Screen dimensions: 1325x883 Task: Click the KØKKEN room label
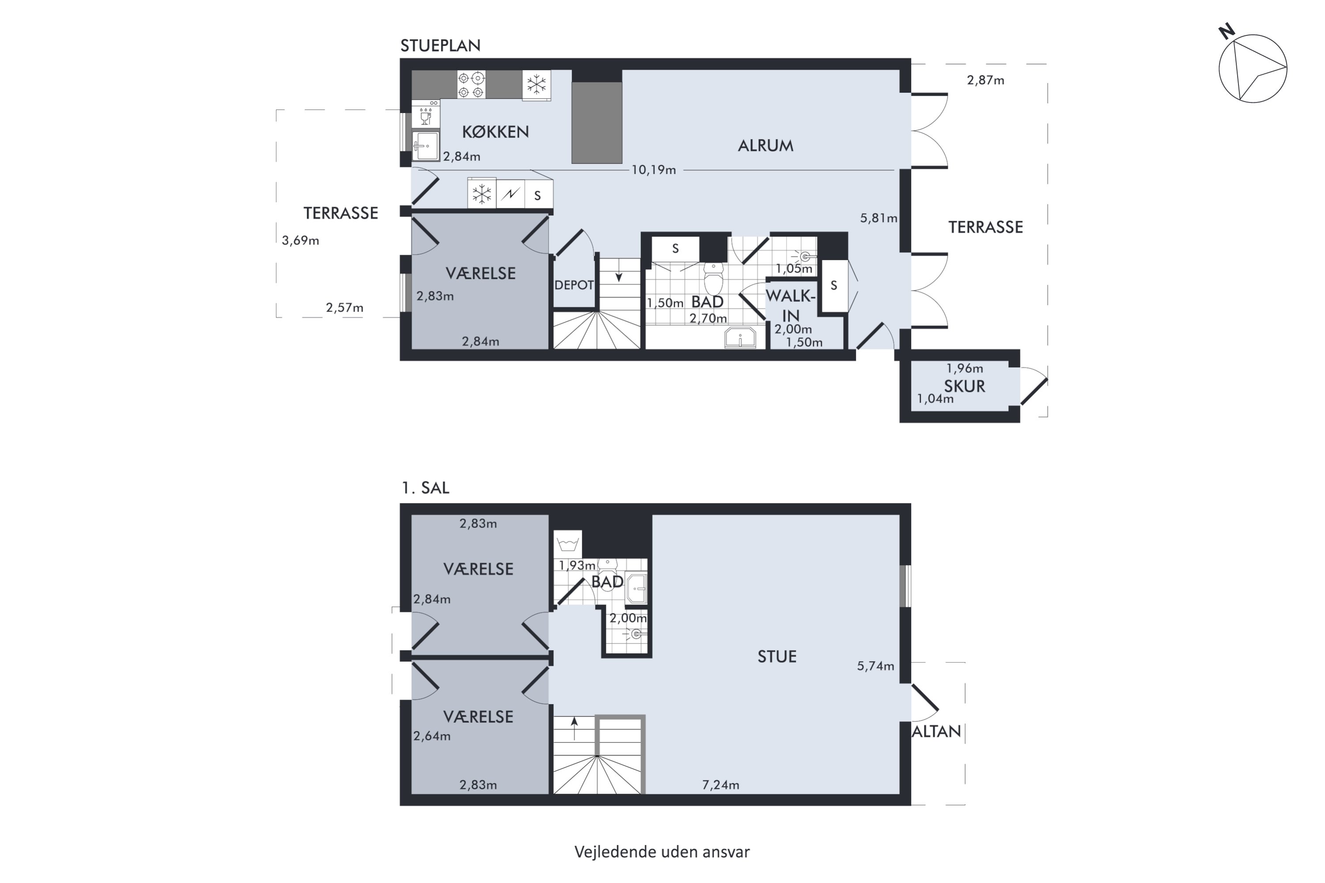point(495,132)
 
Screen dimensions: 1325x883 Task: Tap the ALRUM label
point(765,146)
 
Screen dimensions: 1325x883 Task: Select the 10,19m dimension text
point(654,170)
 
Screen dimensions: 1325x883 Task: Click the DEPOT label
point(574,285)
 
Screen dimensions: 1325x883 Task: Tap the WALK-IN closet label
point(791,305)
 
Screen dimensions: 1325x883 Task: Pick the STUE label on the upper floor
point(777,657)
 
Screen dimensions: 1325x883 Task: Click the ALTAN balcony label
point(936,732)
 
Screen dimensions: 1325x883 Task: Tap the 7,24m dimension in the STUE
point(720,785)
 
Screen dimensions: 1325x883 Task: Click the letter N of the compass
point(1227,31)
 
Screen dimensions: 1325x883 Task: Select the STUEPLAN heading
point(440,45)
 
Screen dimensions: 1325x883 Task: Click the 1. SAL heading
point(425,488)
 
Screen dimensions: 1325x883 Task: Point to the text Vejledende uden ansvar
point(662,852)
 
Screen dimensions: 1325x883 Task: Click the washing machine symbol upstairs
point(567,544)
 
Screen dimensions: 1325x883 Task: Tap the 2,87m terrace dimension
point(985,80)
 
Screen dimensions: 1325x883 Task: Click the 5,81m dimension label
point(878,219)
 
